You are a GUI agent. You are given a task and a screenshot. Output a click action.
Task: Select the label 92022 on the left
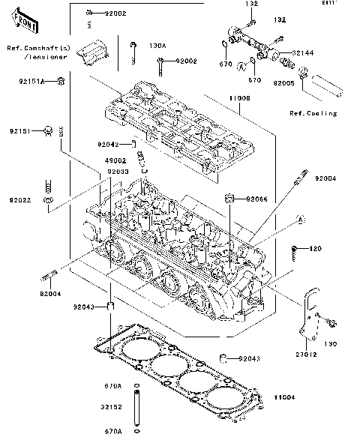(21, 200)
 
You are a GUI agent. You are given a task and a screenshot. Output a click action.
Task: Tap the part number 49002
(115, 160)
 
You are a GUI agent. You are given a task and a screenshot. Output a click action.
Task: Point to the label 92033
(118, 172)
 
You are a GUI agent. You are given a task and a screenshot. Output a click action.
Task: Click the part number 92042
(108, 143)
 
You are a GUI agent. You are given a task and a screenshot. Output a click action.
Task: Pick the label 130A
(157, 46)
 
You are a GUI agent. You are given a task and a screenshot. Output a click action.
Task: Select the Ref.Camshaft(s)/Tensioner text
(37, 52)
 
